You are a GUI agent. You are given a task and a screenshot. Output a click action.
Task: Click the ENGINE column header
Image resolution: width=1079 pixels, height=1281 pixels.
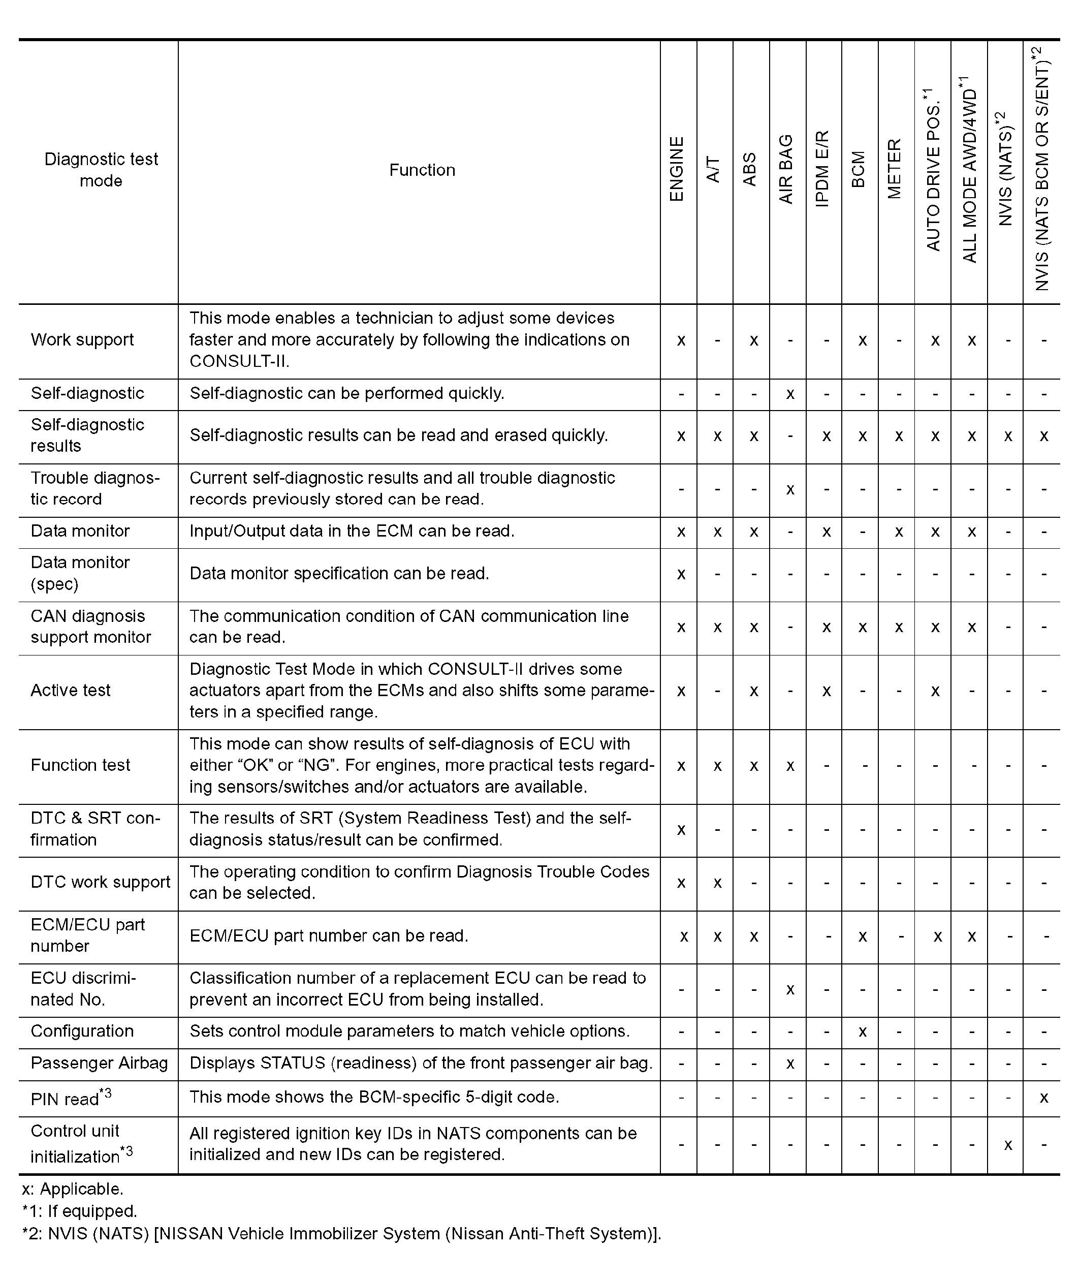(x=677, y=169)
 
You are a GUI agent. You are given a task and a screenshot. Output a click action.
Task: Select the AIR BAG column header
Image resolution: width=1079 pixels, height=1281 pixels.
(x=786, y=169)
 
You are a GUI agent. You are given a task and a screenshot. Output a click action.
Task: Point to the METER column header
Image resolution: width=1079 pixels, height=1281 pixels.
(x=895, y=169)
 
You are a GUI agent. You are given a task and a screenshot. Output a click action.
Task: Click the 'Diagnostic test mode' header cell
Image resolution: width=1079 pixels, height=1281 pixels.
(x=101, y=170)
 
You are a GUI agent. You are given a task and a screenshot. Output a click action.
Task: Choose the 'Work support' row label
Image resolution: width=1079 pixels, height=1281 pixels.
(x=82, y=340)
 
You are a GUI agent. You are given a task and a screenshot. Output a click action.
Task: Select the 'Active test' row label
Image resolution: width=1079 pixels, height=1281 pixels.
(x=70, y=691)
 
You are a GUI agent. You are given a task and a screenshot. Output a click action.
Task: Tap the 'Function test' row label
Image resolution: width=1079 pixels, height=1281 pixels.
(x=80, y=765)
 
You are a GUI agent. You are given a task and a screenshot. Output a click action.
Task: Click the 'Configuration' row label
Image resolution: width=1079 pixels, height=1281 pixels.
(x=82, y=1032)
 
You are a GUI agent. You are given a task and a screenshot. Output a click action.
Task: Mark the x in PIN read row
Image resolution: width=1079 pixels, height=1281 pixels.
(x=1044, y=1098)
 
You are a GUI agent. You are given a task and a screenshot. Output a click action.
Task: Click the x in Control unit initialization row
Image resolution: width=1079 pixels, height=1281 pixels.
(x=1008, y=1145)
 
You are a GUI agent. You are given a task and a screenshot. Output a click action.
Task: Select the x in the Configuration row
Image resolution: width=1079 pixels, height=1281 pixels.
(x=863, y=1032)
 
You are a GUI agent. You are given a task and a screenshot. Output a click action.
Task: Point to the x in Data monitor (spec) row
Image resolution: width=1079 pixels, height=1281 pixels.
(x=681, y=574)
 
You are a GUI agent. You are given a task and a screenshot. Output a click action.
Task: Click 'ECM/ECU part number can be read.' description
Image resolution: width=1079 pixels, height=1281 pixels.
(x=329, y=936)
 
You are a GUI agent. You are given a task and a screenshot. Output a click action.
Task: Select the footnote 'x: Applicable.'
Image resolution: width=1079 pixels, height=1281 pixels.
(x=72, y=1189)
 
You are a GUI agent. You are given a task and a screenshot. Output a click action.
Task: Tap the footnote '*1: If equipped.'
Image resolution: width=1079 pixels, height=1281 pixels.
(x=80, y=1211)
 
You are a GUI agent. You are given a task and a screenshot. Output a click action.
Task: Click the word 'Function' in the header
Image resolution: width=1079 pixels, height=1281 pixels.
(x=422, y=170)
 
